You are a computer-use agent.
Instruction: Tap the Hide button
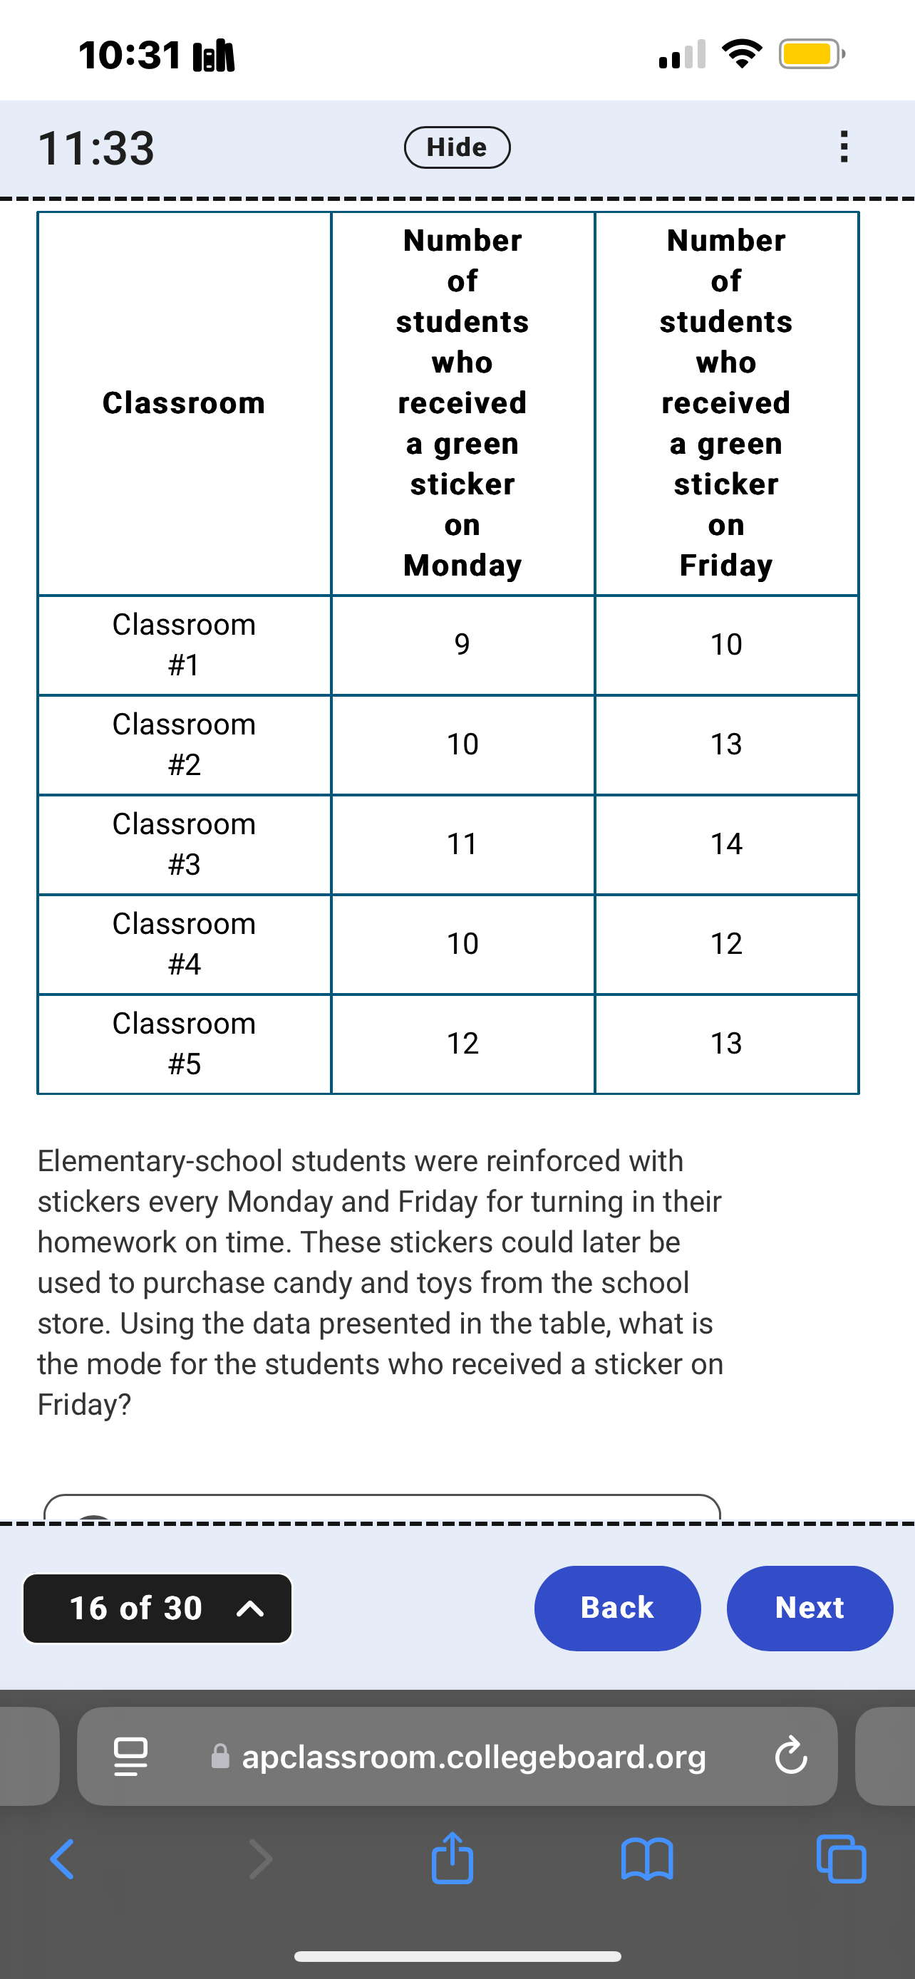[457, 147]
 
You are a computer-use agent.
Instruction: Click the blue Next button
[809, 1608]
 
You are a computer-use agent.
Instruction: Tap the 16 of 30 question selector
[157, 1608]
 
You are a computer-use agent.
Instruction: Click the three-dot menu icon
[844, 147]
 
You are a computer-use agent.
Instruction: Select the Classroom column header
[184, 402]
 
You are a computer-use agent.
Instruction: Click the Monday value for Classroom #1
[462, 644]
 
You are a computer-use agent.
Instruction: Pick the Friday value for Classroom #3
[726, 843]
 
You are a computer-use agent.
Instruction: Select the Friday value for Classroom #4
[726, 943]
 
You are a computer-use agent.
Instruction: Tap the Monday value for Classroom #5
[462, 1043]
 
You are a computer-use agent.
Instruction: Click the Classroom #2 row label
[184, 744]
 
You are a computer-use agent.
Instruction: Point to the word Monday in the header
[462, 566]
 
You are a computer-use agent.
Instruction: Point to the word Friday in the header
[726, 566]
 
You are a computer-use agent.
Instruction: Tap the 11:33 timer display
[96, 147]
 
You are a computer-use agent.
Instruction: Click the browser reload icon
[790, 1756]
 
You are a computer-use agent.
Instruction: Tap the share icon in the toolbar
[452, 1859]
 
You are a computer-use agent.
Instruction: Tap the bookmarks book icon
[647, 1859]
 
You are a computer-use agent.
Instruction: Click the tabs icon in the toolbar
[842, 1859]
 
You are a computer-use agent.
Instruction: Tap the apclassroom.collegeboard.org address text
[473, 1756]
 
